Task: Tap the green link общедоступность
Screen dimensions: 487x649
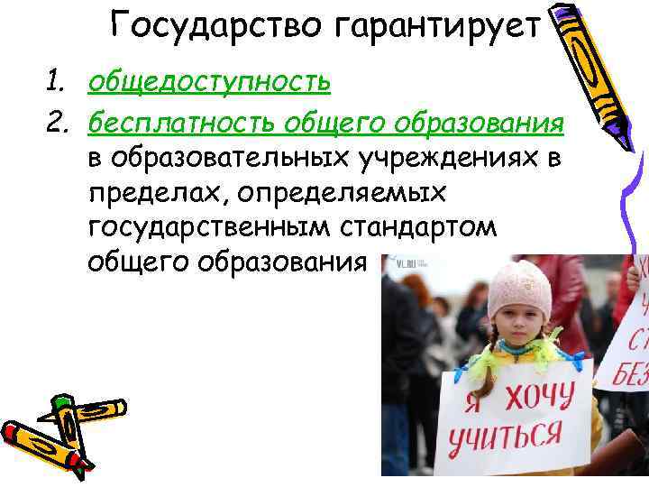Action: (x=209, y=83)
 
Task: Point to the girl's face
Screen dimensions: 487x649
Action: (x=516, y=329)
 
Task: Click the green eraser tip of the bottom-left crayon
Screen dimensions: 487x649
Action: (x=60, y=400)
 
